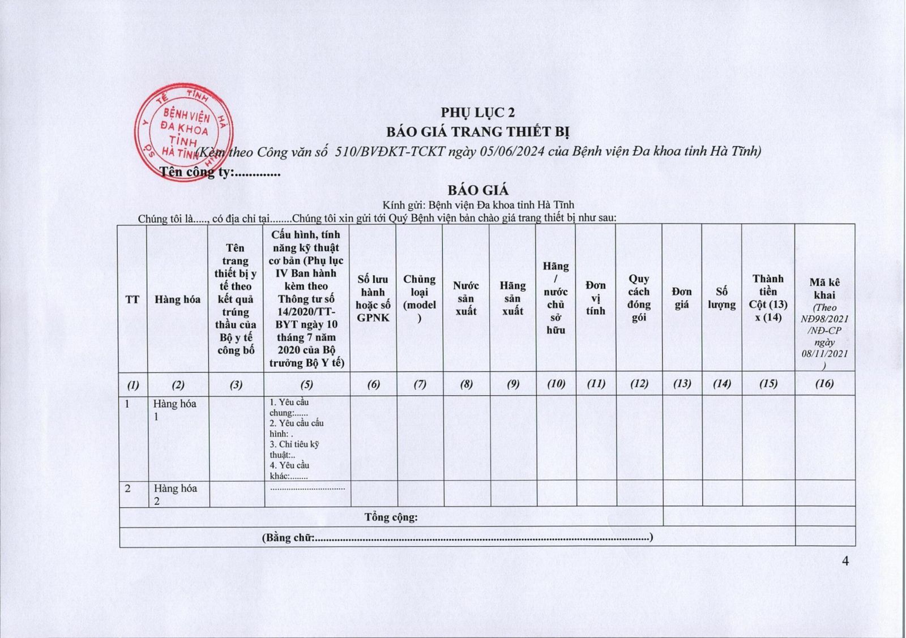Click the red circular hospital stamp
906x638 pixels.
click(x=182, y=131)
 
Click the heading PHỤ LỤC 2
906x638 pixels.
click(x=478, y=113)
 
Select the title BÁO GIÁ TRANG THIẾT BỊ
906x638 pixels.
click(x=478, y=132)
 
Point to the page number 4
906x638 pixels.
click(x=845, y=561)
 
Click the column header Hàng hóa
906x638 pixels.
click(x=177, y=299)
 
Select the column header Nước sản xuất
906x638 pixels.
click(x=466, y=298)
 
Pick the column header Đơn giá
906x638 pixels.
click(x=682, y=298)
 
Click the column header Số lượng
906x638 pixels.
click(x=721, y=298)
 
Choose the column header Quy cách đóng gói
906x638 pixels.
click(x=639, y=298)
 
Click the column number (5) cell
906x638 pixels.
click(x=306, y=384)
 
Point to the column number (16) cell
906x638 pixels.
click(x=824, y=384)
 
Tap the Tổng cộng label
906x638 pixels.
click(x=391, y=517)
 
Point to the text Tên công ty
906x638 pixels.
click(x=196, y=172)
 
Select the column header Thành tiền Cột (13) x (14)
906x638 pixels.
click(x=768, y=298)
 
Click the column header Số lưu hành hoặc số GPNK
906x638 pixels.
click(x=373, y=298)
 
